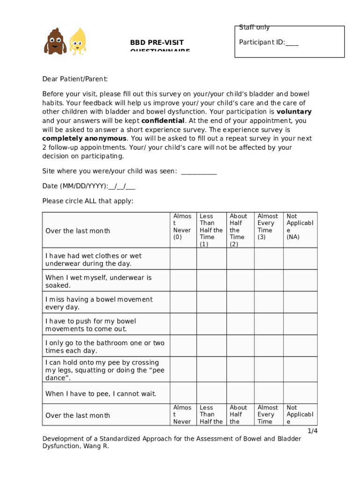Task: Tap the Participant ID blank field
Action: coord(292,43)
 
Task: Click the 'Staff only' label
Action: coord(254,28)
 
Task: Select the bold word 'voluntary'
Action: coord(294,112)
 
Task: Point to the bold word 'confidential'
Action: coord(163,121)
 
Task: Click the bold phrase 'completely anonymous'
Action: coord(84,138)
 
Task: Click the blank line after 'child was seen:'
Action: coord(199,171)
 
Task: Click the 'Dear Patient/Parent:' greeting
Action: coord(75,79)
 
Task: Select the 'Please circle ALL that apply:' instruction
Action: coord(87,201)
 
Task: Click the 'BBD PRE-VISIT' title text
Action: coord(157,43)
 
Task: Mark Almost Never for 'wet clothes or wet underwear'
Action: coord(183,259)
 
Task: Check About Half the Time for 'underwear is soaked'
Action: coord(240,281)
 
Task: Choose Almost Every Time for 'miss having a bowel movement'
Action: coord(268,303)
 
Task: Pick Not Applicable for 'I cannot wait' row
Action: coord(300,393)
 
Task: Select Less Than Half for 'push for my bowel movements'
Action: coord(211,325)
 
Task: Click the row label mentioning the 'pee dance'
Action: coord(105,370)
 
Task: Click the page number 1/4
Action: coord(312,431)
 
